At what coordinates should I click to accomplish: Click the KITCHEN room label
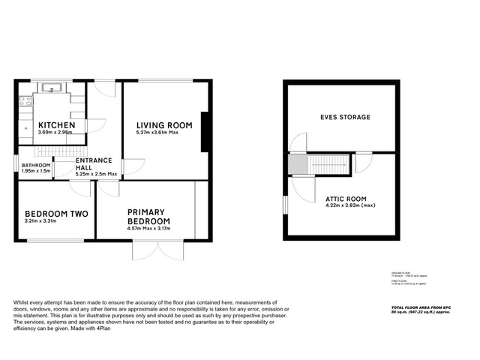(x=57, y=124)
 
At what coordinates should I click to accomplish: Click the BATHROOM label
(x=36, y=165)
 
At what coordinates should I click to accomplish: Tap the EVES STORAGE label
(x=345, y=118)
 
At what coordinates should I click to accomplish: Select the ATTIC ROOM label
(x=345, y=199)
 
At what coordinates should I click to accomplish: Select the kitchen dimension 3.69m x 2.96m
(x=55, y=133)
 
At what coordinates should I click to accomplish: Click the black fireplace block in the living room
(x=203, y=132)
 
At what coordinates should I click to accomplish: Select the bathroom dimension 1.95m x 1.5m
(x=37, y=171)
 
